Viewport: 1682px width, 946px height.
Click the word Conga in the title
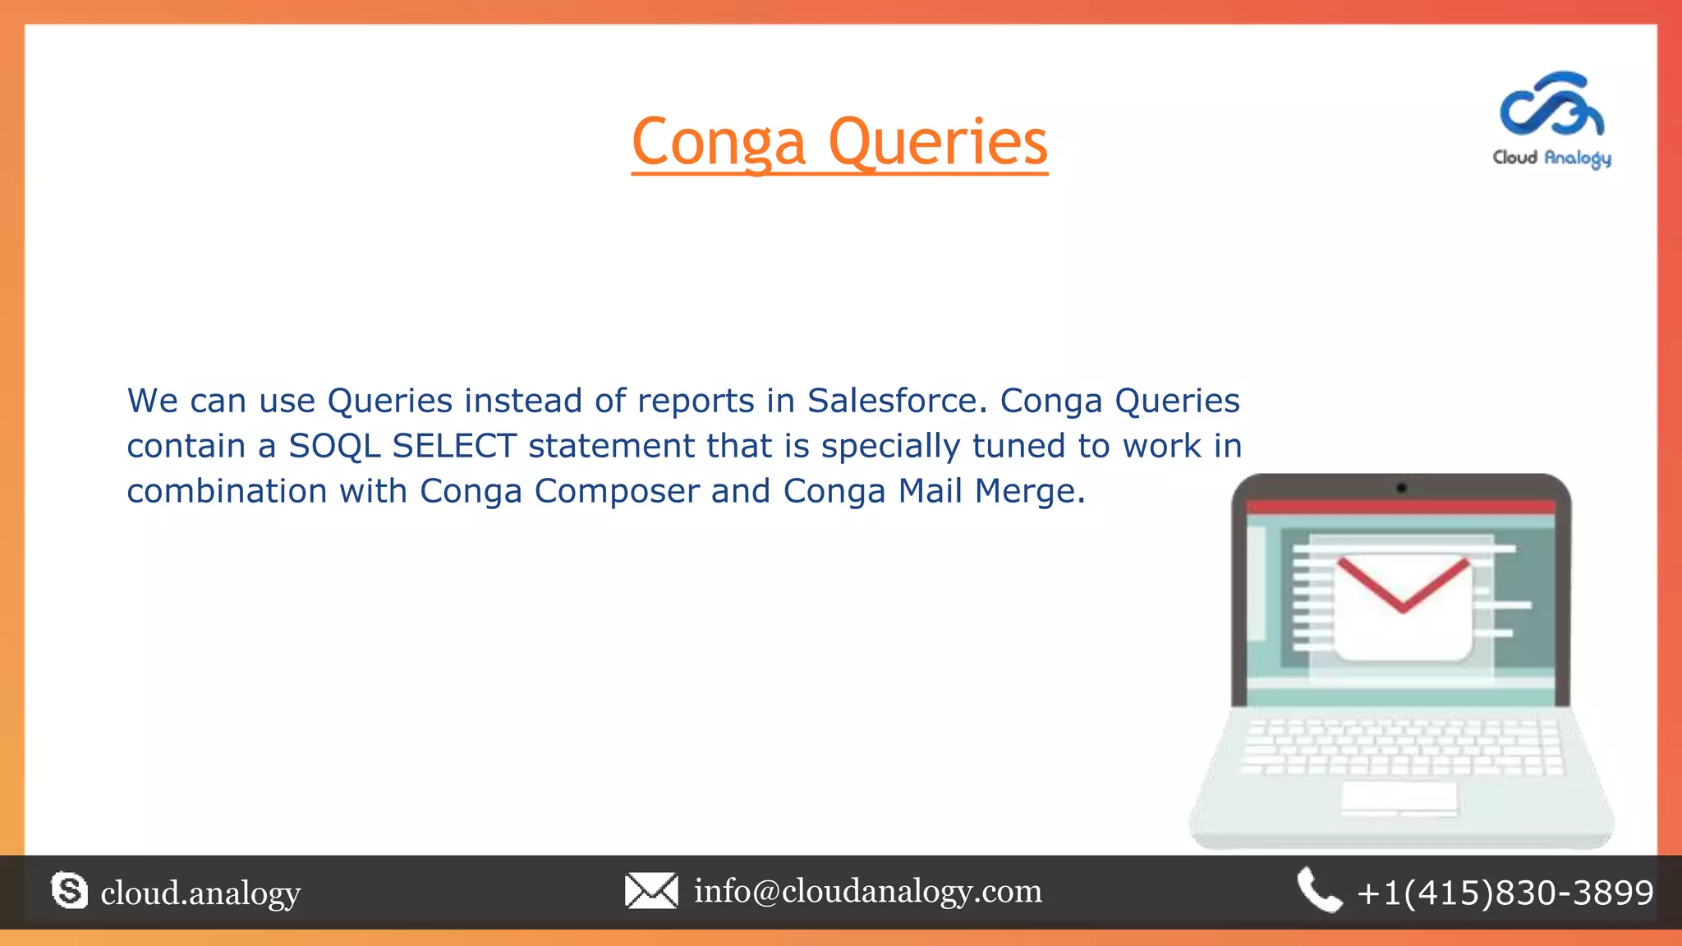click(719, 144)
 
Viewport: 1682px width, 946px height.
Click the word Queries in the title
click(938, 144)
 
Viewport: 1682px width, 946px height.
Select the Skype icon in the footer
click(69, 891)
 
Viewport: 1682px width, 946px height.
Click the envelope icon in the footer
click(651, 891)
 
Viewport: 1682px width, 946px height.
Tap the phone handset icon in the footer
click(1319, 890)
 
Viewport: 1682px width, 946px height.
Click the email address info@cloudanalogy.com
click(868, 891)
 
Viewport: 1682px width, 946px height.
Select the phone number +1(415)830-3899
click(1505, 893)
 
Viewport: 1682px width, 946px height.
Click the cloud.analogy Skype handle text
click(200, 893)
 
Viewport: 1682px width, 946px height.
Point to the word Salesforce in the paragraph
click(893, 401)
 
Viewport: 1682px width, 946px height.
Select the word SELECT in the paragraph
click(454, 446)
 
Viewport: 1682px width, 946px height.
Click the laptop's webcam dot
click(1402, 488)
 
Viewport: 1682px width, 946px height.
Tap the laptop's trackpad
click(1399, 797)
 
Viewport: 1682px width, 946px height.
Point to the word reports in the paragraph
click(696, 401)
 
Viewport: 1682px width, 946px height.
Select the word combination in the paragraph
click(227, 491)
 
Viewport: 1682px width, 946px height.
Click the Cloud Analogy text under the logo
click(1551, 158)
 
